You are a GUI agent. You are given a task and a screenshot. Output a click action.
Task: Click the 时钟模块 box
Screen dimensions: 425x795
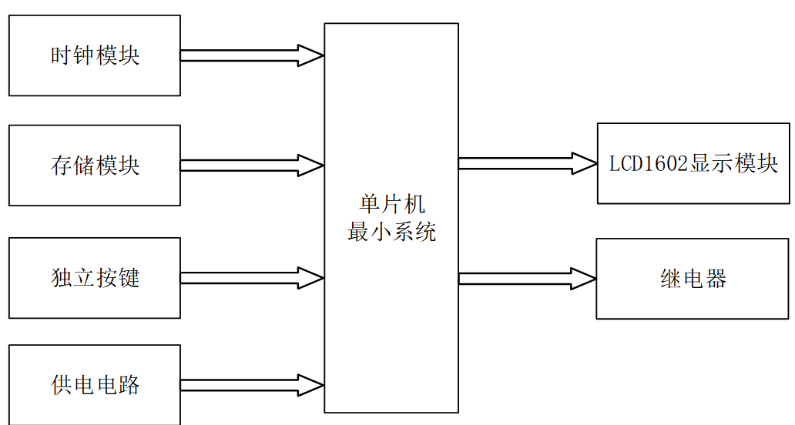coord(94,55)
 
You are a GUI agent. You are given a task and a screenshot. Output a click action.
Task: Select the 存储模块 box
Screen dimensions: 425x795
coord(94,166)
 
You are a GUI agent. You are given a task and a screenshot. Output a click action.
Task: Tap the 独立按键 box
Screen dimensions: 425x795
coord(94,278)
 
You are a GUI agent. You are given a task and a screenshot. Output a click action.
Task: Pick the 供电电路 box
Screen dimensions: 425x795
coord(94,384)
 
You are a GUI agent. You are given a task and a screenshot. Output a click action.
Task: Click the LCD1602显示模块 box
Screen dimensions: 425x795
coord(693,163)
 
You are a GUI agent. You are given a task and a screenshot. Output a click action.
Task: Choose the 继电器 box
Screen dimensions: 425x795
coord(693,279)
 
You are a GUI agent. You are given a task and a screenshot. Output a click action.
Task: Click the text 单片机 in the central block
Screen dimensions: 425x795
coord(391,205)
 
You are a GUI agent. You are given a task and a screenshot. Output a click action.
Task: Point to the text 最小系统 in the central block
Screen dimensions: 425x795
coord(391,232)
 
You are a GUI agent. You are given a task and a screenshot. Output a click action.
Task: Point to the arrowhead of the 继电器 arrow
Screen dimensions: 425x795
coord(583,279)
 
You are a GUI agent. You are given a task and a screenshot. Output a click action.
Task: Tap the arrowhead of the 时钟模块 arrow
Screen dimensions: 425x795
coord(310,55)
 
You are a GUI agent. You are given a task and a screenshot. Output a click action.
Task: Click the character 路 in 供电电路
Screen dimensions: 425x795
coord(129,385)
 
